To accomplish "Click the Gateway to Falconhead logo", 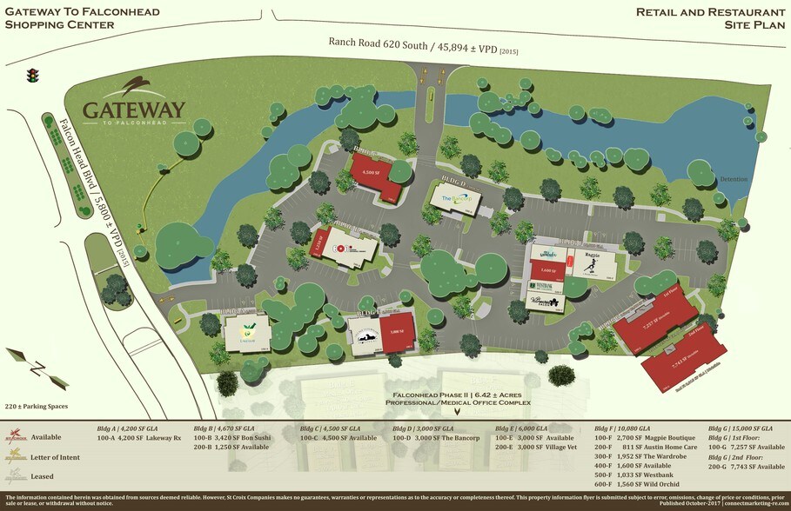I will (x=134, y=103).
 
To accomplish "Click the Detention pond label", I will (x=733, y=179).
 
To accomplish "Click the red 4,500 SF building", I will (x=376, y=174).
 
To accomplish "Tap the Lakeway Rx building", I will (x=248, y=331).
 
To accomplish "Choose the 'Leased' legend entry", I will (x=44, y=476).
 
